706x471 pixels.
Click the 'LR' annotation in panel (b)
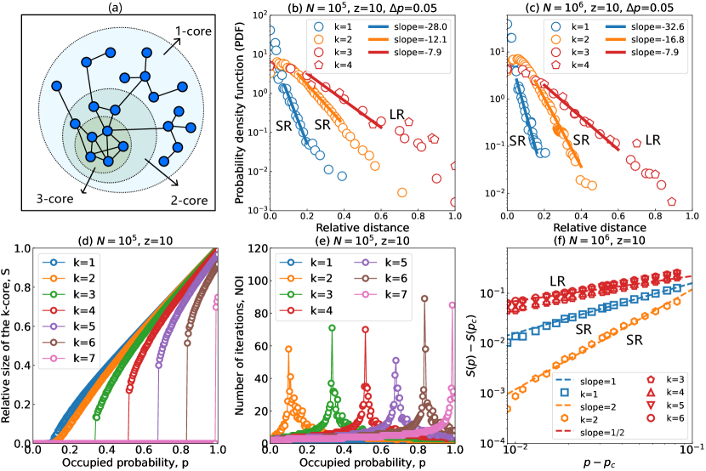[x=397, y=113]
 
